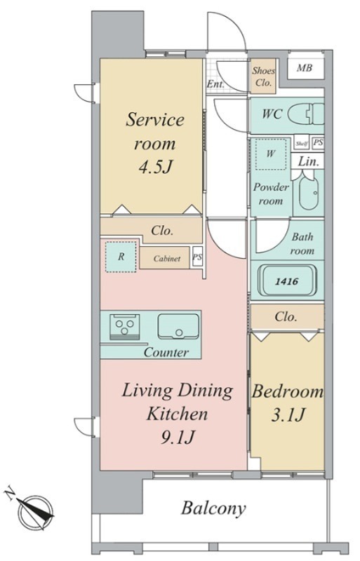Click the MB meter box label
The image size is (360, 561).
click(304, 67)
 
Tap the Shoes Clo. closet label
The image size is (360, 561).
click(263, 76)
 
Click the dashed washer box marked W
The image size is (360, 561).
click(271, 154)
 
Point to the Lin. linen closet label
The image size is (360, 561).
click(308, 162)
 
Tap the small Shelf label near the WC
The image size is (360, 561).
click(302, 144)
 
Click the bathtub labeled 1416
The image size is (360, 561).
click(288, 281)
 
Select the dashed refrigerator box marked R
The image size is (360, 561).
click(121, 257)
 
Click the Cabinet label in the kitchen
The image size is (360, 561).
click(166, 258)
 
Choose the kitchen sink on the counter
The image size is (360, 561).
click(178, 326)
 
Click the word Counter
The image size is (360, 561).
click(166, 353)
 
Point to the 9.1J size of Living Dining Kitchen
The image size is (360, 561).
click(178, 437)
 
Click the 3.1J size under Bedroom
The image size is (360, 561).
click(288, 415)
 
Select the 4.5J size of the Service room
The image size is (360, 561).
click(156, 167)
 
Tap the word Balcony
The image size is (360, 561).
click(213, 508)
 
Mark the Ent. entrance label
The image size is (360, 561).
click(215, 85)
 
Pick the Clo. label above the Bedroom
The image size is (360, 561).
click(286, 317)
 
